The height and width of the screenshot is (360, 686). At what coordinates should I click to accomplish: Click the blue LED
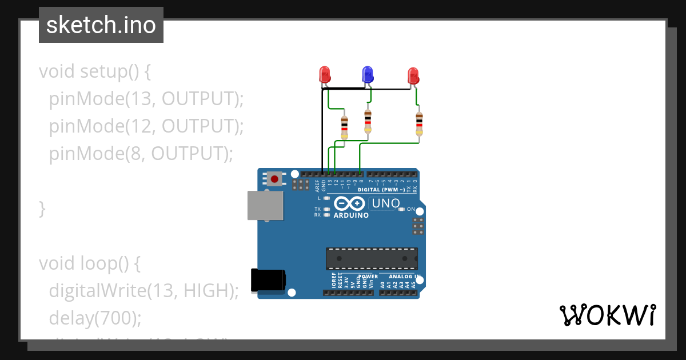pos(367,74)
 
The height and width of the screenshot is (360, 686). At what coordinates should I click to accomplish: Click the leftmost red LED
pos(325,74)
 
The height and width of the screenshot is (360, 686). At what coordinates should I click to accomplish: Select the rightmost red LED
pos(413,75)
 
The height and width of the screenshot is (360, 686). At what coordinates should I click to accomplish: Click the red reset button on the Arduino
pos(275,179)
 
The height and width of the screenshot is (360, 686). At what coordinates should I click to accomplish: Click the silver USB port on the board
pos(265,205)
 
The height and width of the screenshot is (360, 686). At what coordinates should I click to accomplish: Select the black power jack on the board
pos(268,281)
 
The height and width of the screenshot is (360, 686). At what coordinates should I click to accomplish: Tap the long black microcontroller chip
pos(372,258)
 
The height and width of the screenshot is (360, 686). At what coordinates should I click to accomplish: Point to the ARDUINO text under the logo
pos(351,215)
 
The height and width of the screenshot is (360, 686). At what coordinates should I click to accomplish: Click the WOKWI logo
pos(607,315)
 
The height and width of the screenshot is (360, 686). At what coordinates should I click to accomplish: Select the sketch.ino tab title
pos(101,25)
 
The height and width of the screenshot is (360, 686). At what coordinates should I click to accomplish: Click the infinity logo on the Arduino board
pos(349,203)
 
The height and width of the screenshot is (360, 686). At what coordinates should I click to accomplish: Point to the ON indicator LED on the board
pos(402,209)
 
